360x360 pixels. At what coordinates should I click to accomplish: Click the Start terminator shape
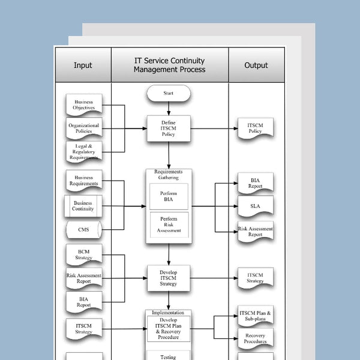point(169,93)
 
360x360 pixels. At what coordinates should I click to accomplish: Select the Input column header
point(83,65)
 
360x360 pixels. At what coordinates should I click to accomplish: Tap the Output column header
point(256,65)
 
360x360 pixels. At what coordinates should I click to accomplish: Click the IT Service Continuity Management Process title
point(169,65)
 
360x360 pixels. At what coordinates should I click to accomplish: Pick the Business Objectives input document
point(84,105)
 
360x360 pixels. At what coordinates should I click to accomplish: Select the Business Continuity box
point(83,206)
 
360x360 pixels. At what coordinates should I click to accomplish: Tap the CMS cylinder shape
point(83,230)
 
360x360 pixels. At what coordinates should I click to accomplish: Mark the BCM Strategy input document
point(84,254)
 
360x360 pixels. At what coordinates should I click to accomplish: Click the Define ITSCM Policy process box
point(169,128)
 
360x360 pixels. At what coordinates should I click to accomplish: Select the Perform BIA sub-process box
point(169,197)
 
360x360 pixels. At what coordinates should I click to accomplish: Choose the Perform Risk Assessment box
point(169,225)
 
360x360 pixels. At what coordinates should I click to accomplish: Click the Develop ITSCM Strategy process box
point(169,278)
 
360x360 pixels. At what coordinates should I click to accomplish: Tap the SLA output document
point(255,206)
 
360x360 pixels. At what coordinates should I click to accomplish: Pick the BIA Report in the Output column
point(255,183)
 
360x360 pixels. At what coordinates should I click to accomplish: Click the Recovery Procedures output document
point(255,339)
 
